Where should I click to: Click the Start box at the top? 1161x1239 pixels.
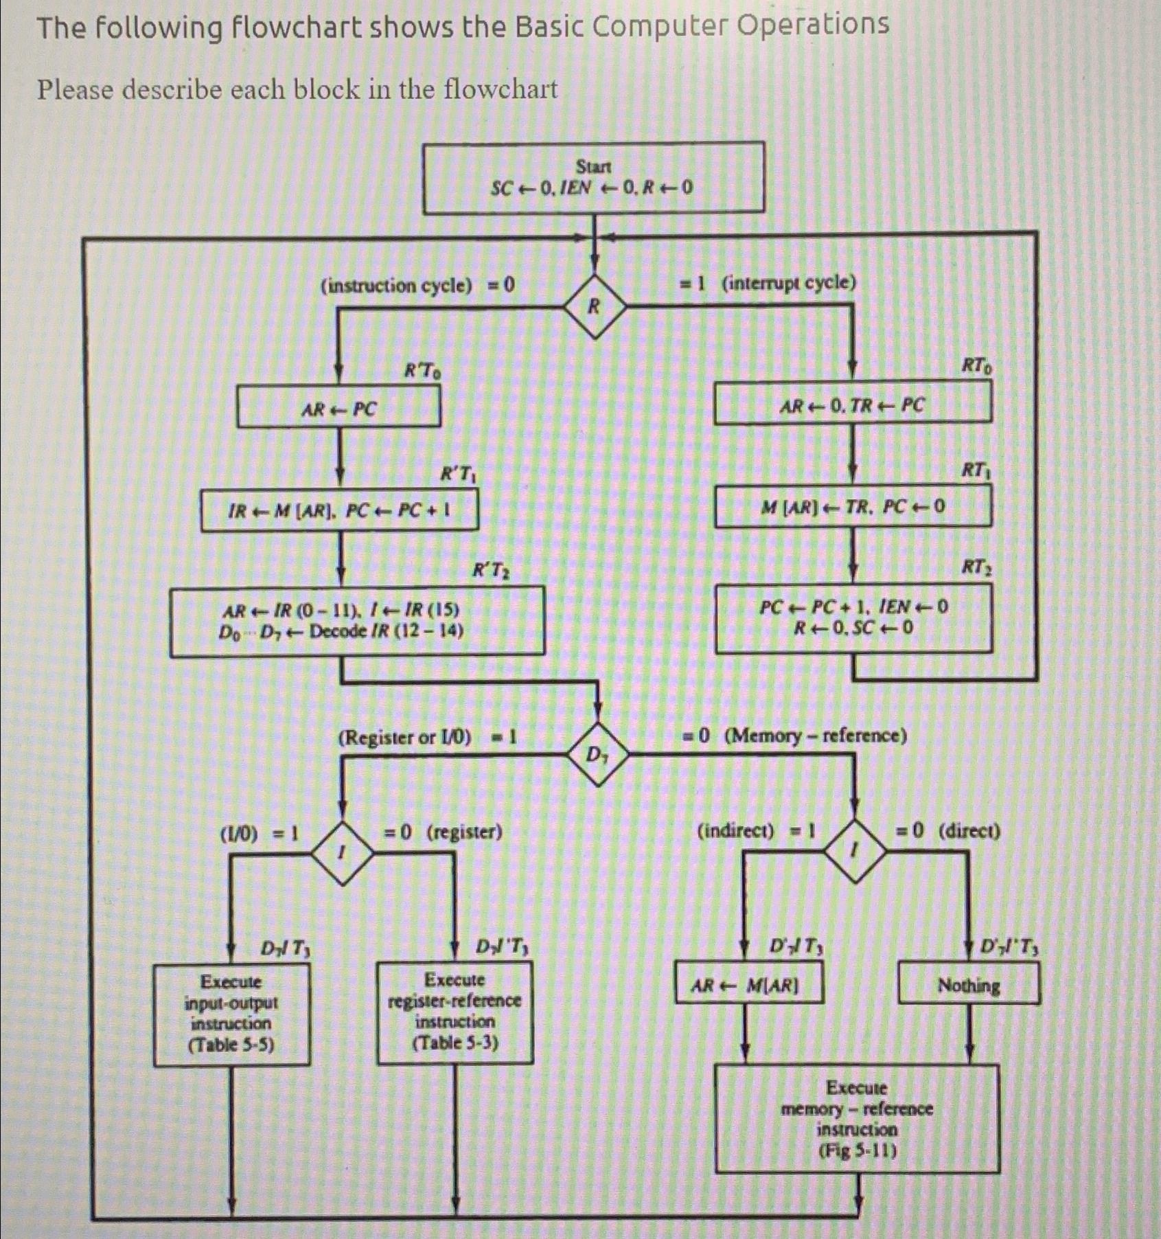click(x=593, y=177)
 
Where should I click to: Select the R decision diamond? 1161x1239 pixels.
click(x=595, y=306)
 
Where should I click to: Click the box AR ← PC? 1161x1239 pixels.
click(x=338, y=407)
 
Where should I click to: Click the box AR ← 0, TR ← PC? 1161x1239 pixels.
click(x=852, y=403)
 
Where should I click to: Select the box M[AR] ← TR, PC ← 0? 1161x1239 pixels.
click(x=852, y=507)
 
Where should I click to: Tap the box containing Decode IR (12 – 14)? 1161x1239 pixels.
click(x=357, y=621)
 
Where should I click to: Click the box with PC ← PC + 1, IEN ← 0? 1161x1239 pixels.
click(x=853, y=617)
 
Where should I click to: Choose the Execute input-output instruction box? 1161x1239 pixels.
click(x=231, y=1014)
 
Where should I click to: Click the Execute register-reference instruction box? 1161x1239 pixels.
click(x=455, y=1012)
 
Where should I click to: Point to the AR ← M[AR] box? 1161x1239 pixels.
click(x=748, y=984)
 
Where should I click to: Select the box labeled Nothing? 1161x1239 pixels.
click(x=969, y=984)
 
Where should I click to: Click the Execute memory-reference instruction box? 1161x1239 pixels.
click(x=857, y=1118)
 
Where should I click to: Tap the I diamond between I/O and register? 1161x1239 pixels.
click(x=343, y=852)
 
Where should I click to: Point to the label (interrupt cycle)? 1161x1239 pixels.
click(x=789, y=282)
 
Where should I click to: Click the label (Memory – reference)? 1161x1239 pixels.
click(x=815, y=736)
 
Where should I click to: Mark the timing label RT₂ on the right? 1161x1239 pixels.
click(x=976, y=567)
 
